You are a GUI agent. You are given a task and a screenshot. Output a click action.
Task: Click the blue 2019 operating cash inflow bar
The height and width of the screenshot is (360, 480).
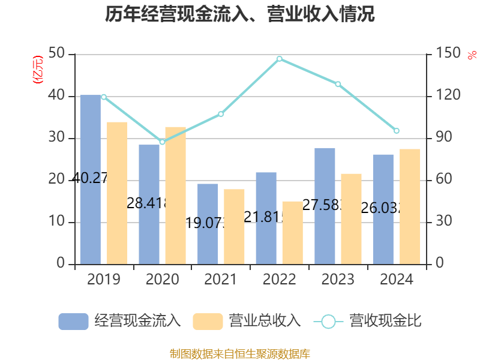coord(90,180)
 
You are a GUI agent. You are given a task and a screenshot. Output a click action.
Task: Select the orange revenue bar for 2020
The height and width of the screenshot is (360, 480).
coord(175,195)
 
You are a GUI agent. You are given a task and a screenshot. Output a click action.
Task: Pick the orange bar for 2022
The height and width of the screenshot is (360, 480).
coord(293,233)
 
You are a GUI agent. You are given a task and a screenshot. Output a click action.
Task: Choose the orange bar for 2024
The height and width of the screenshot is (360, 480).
coord(410,206)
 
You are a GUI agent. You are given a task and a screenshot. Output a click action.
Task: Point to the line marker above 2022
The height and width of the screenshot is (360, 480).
coord(280,59)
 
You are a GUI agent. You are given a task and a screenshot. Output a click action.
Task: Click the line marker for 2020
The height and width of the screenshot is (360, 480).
coord(162,142)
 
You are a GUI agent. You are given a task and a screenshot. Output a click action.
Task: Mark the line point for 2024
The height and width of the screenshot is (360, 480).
coord(397,131)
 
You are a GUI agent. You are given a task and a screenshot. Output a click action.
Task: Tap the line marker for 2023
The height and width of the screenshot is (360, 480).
coord(338,84)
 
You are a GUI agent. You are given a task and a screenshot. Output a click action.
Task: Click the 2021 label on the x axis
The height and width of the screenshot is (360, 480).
coord(221,280)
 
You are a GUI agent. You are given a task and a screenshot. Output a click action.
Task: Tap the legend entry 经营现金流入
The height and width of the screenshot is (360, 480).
coord(120,321)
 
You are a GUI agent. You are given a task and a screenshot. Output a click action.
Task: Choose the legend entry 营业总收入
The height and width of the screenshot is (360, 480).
coord(247,321)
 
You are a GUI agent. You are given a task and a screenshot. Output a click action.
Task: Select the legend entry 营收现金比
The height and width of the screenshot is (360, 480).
coord(367,321)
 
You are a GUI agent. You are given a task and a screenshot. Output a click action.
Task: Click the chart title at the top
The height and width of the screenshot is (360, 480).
coord(240,14)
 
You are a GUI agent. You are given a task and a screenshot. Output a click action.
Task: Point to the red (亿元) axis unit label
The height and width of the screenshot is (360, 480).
coord(38,69)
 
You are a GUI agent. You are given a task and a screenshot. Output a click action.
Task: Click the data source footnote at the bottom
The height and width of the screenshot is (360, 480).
coord(240,353)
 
